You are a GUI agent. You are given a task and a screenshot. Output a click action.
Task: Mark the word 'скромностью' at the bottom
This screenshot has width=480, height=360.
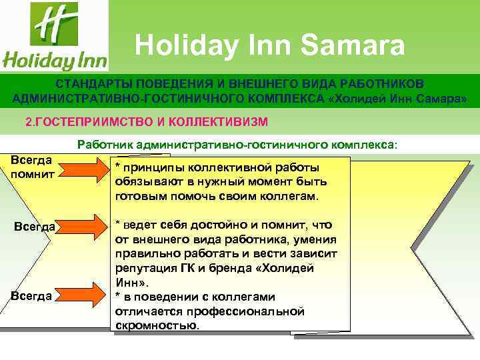156,326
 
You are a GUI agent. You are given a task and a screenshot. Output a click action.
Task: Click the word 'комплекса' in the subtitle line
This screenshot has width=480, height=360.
365,143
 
